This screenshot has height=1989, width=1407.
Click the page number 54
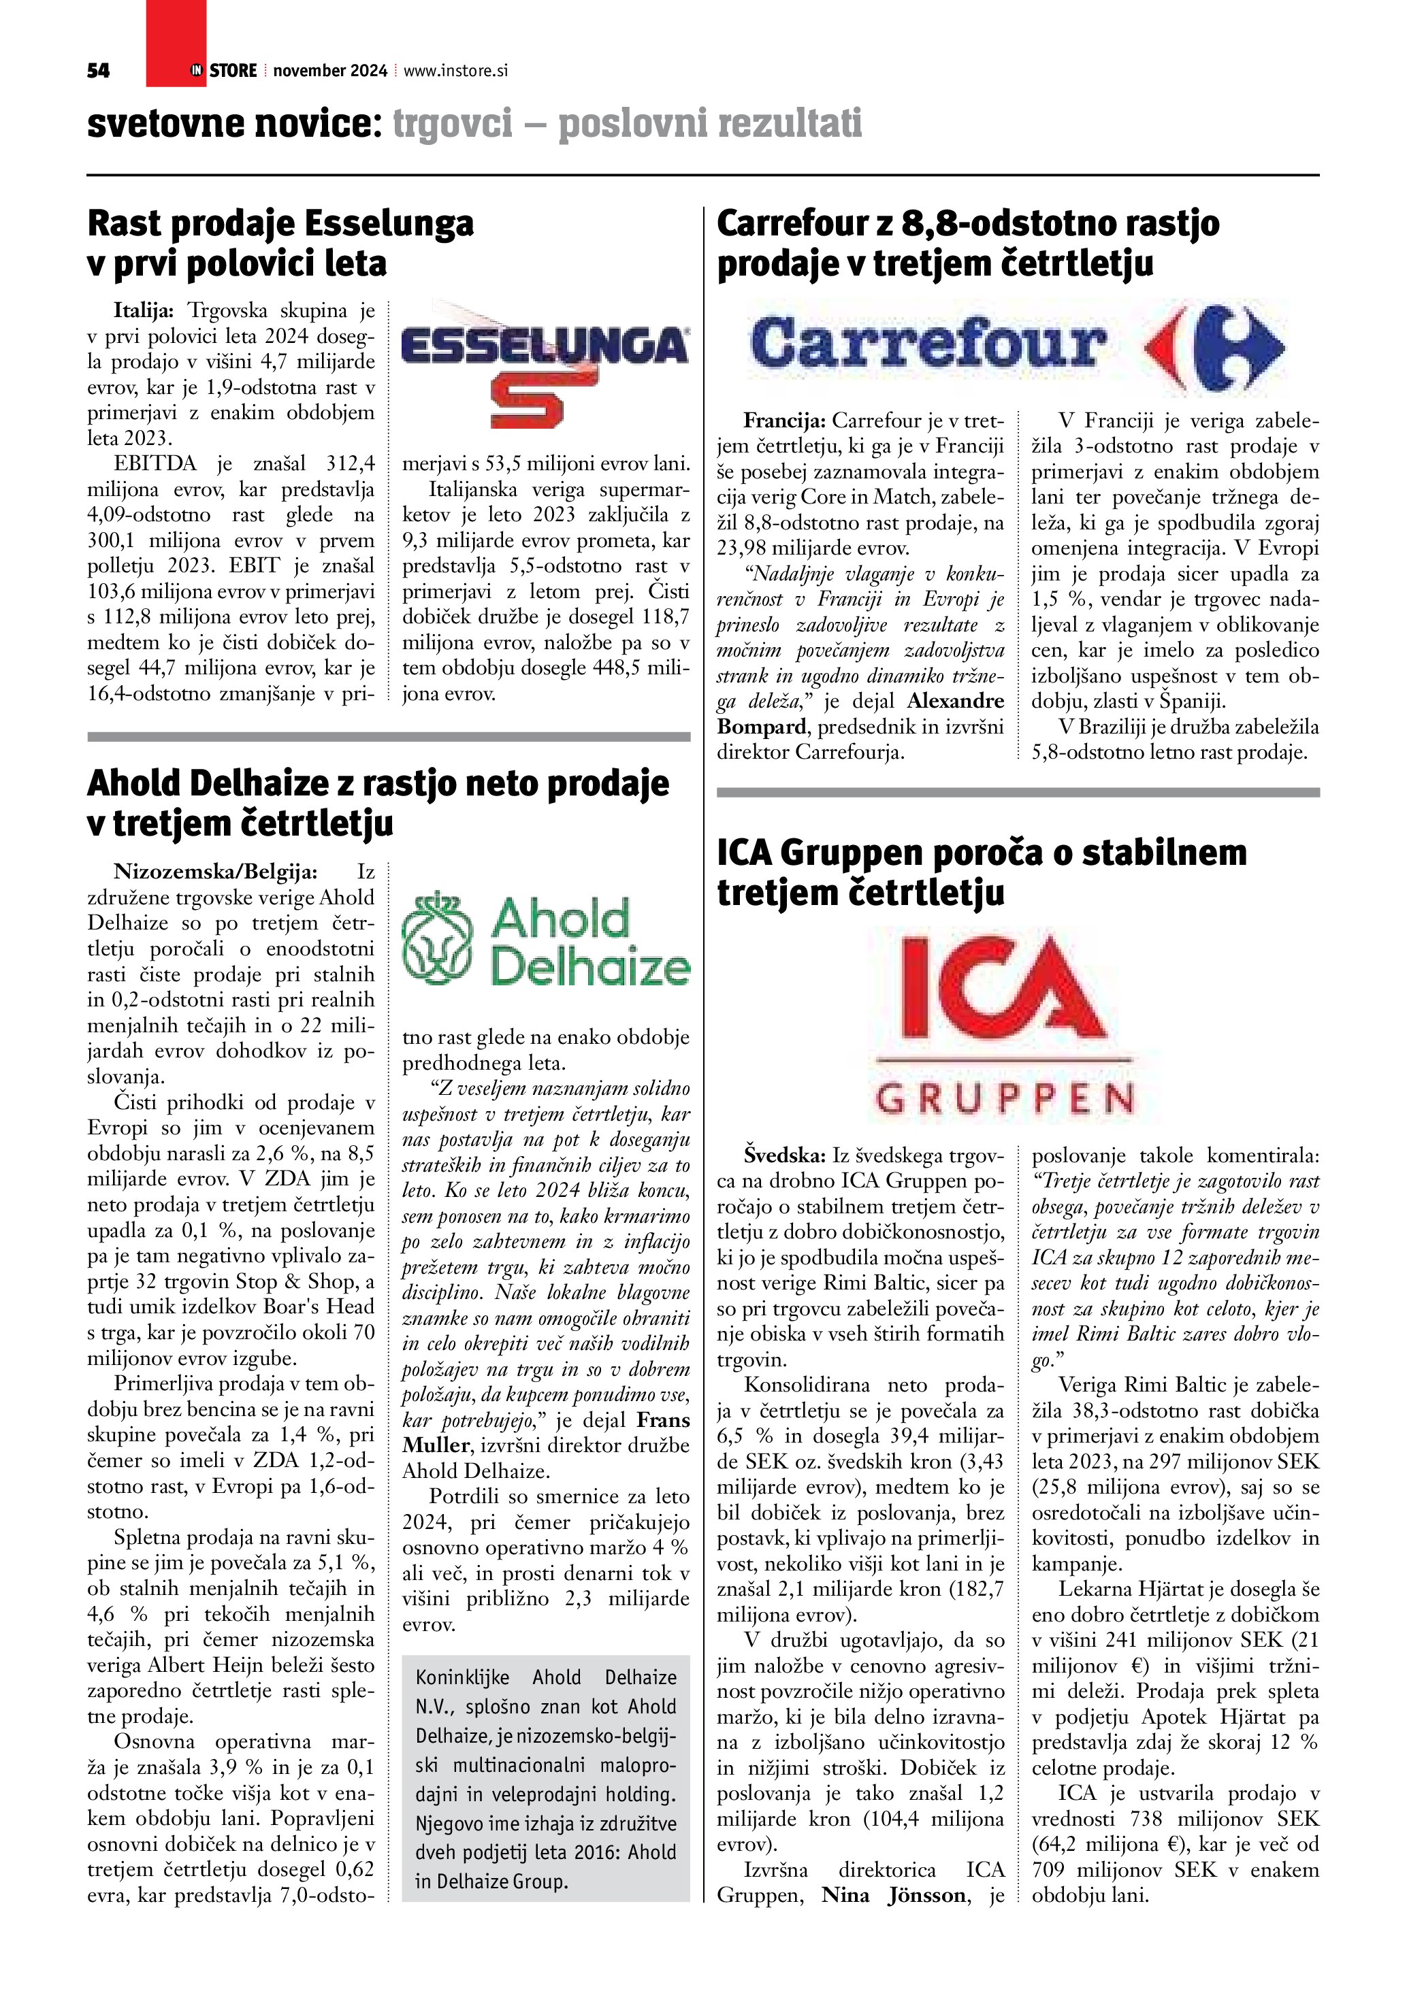98,71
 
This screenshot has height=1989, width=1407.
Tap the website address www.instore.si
455,71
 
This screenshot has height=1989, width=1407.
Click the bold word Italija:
144,310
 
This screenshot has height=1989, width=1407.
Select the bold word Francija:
784,421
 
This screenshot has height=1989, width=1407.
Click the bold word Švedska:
784,1155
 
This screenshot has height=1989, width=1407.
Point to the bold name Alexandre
956,701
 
